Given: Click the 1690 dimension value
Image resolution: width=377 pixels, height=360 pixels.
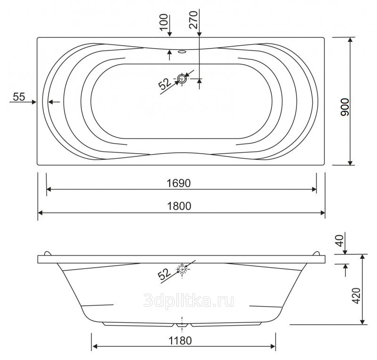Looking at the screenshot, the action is (x=179, y=183).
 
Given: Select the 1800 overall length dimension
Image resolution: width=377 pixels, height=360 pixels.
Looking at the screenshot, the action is (x=179, y=206).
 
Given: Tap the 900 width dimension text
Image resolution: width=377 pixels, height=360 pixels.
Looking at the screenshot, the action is (x=345, y=107).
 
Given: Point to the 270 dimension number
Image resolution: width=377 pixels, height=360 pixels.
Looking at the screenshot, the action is (x=193, y=20).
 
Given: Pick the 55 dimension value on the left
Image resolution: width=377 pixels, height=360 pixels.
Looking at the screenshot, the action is (x=19, y=97).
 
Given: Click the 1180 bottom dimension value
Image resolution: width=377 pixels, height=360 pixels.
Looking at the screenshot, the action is (x=180, y=341).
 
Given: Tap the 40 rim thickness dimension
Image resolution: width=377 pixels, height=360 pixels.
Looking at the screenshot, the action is (x=339, y=241).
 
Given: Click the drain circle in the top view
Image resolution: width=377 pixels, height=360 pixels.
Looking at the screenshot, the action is (x=182, y=78).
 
